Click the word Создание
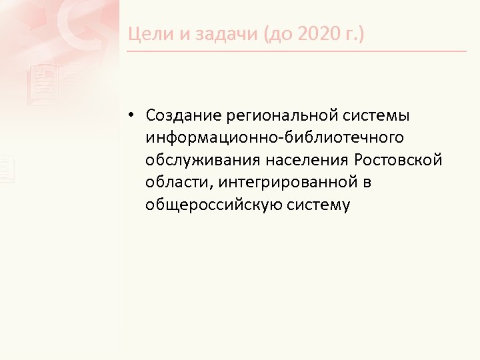pos(179,116)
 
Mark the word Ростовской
pos(398,160)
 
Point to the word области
pos(175,183)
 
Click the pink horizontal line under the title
pos(297,51)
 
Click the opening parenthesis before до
pos(268,34)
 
